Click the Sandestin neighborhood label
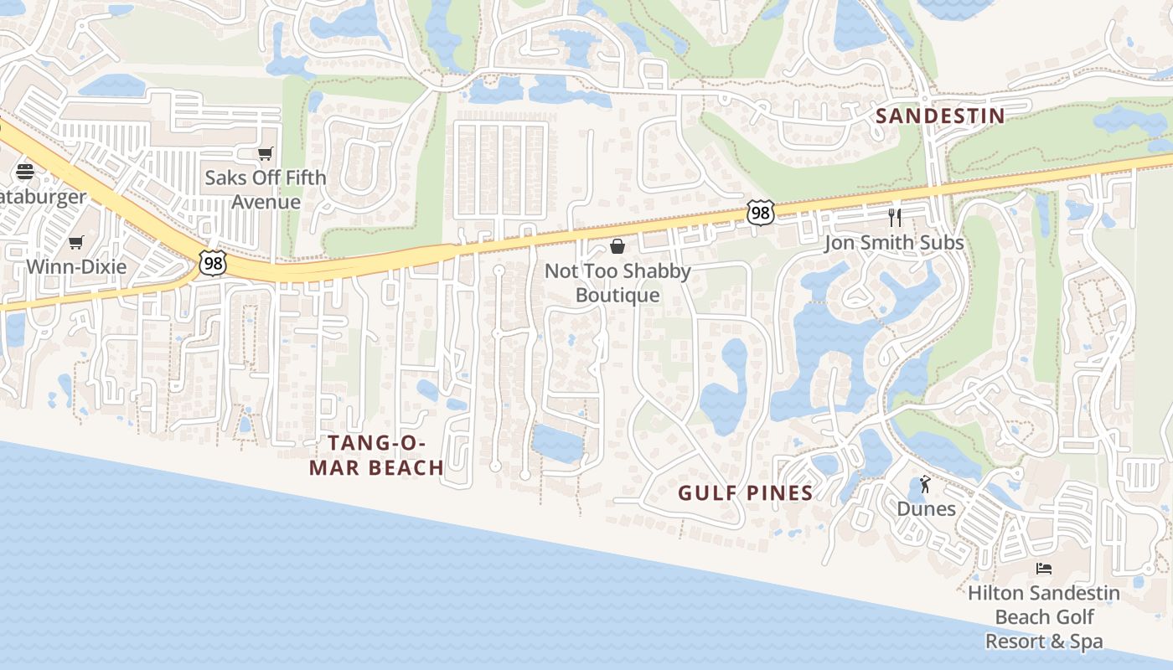940,116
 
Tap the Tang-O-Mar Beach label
376,456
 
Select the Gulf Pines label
745,492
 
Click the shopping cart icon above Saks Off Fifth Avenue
266,153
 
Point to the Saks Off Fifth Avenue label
266,189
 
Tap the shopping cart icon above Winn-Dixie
76,243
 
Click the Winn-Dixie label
76,267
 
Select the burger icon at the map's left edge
25,173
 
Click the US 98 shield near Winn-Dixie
213,262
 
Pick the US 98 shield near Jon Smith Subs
760,213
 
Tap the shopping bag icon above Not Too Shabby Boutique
618,246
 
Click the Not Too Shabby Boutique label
618,283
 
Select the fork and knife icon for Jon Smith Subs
895,218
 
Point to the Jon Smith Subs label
894,243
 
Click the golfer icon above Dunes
925,484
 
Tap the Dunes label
926,508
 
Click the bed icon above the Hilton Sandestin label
1044,569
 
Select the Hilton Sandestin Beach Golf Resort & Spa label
1044,617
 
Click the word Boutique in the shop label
618,296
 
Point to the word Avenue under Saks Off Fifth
266,202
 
